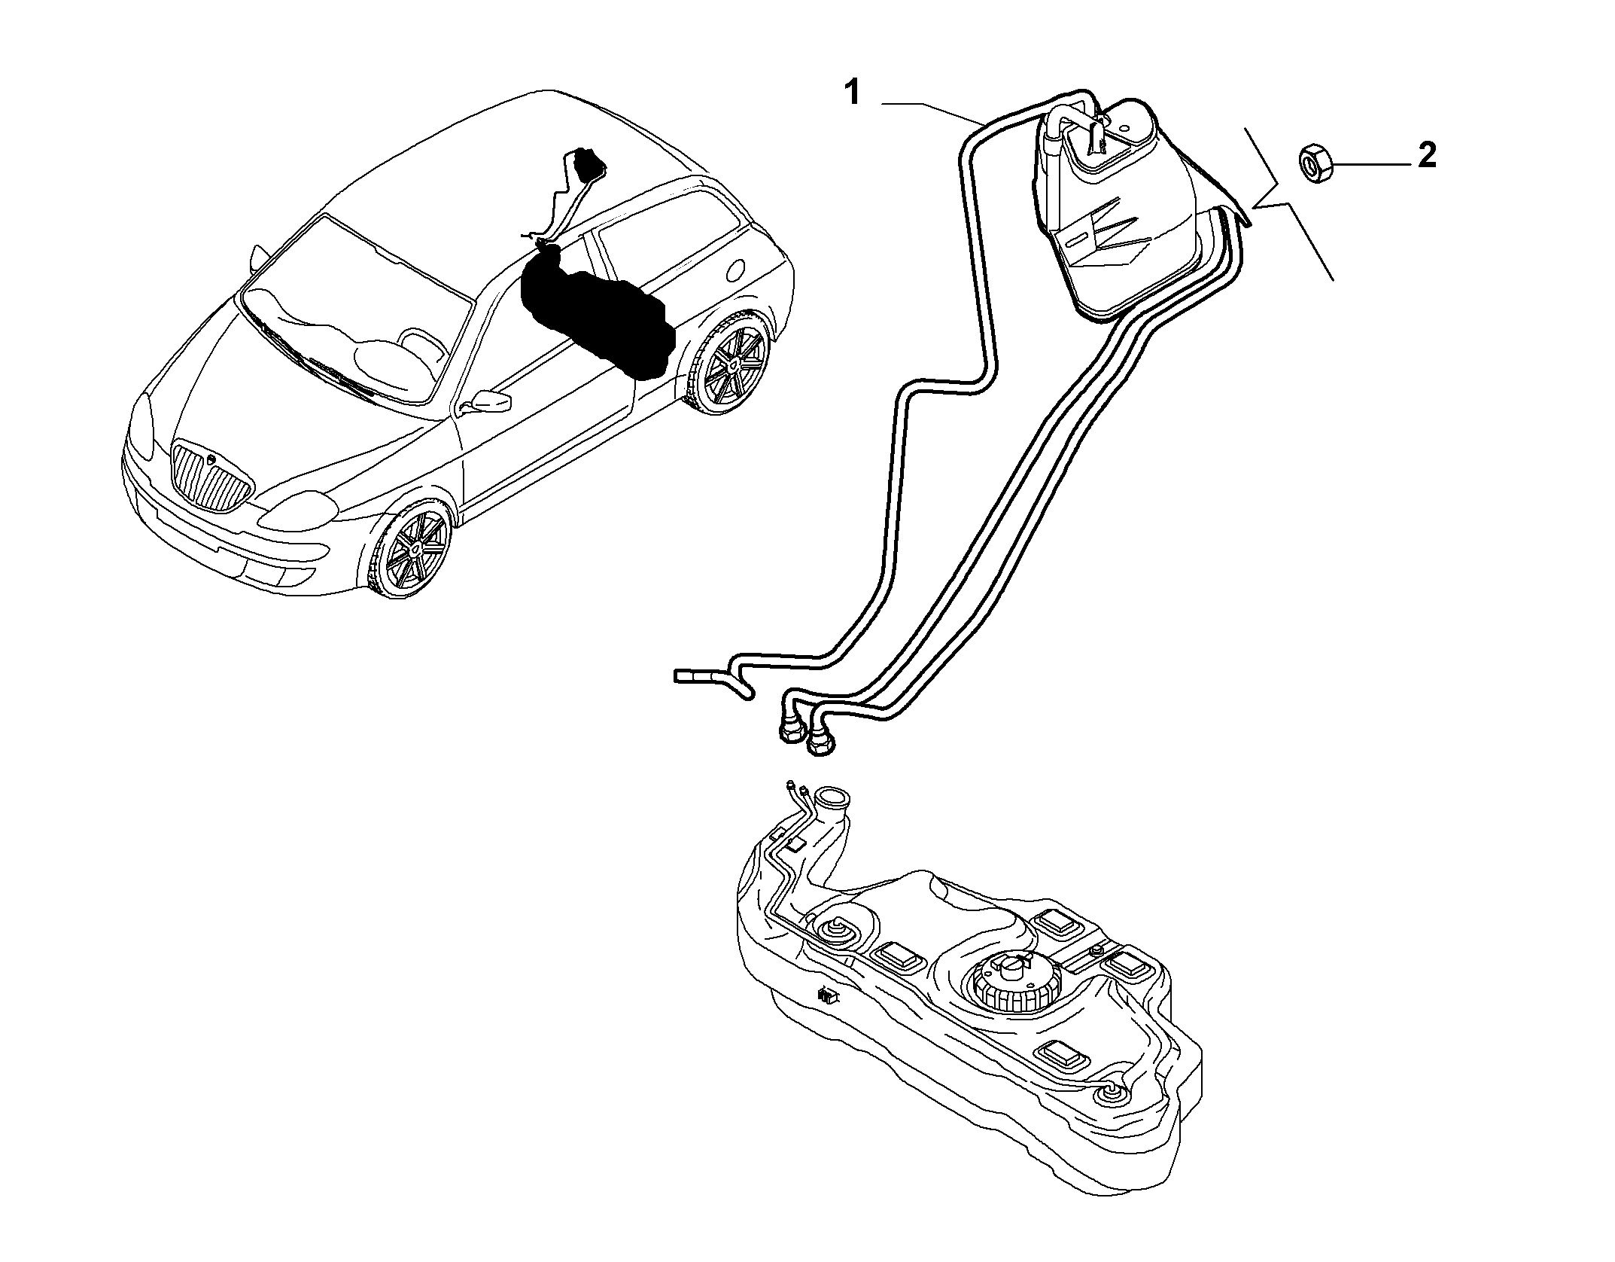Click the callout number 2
(1426, 155)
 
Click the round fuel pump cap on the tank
(1014, 982)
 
